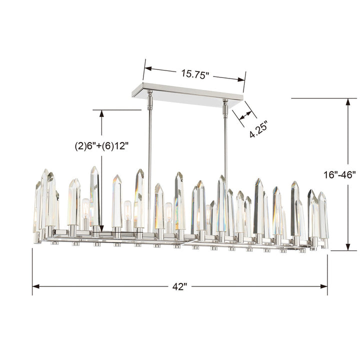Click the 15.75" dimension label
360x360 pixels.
pyautogui.click(x=195, y=73)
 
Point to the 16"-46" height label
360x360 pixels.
pyautogui.click(x=339, y=175)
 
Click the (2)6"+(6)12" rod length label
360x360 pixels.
pyautogui.click(x=102, y=146)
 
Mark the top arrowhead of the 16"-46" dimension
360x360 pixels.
pyautogui.click(x=347, y=102)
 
